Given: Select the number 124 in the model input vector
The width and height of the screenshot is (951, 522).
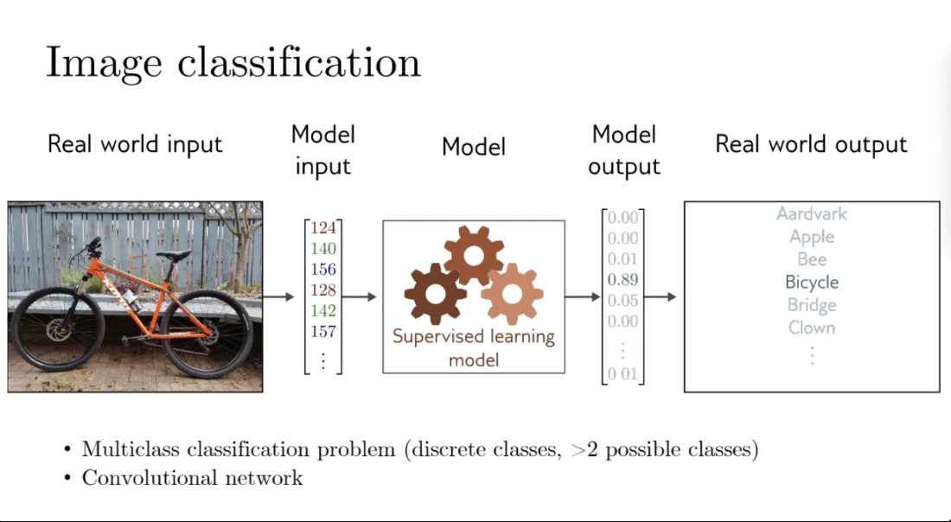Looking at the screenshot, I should click(322, 228).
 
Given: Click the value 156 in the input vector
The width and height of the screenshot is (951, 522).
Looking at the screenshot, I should click(322, 270).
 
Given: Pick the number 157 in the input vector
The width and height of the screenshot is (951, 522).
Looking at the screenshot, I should click(322, 331).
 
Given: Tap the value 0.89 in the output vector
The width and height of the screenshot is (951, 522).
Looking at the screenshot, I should click(622, 279).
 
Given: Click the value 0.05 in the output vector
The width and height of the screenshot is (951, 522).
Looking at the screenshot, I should click(622, 301).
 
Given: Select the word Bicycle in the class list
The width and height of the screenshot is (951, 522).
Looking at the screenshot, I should click(812, 282).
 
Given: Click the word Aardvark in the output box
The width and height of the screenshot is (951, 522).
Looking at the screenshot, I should click(812, 213).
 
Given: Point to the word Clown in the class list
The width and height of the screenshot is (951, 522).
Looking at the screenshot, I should click(812, 328).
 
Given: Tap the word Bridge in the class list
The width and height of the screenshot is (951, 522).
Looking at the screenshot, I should click(812, 305).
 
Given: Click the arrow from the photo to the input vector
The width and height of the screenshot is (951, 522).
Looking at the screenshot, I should click(279, 297).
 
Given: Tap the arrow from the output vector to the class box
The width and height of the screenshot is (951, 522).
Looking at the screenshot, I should click(661, 297).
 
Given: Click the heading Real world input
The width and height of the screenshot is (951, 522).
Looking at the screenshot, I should click(135, 143).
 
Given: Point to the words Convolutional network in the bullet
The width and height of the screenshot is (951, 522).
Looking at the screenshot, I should click(192, 478).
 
